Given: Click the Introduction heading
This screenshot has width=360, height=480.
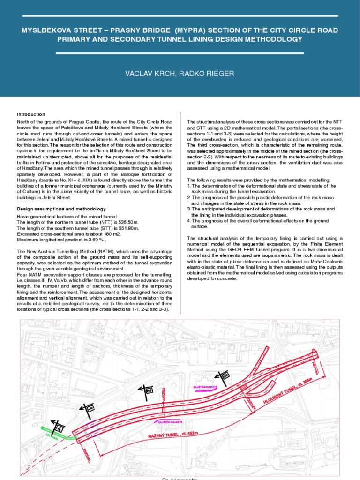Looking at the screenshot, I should pyautogui.click(x=31, y=114).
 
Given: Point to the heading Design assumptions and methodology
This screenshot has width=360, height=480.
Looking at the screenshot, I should pyautogui.click(x=61, y=209).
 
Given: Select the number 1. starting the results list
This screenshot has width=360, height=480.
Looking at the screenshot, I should pyautogui.click(x=189, y=186).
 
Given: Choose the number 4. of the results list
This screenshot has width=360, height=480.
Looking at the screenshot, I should pyautogui.click(x=189, y=220).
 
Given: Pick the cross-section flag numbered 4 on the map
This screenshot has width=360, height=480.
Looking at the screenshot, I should pyautogui.click(x=59, y=427).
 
